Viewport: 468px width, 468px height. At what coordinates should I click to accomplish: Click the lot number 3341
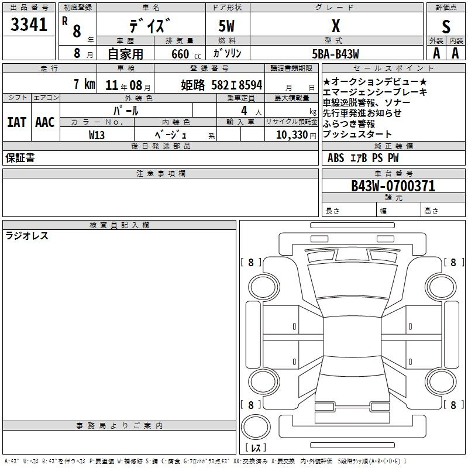tap(29, 25)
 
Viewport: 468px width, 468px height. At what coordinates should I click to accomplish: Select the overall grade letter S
tap(446, 26)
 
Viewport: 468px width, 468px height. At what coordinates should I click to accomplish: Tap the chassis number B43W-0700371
tap(393, 186)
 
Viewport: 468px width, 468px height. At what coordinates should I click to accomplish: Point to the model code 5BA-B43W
tap(335, 54)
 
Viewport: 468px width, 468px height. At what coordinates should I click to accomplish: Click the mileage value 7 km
tap(84, 84)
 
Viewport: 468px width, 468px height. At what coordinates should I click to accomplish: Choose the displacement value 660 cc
tap(186, 54)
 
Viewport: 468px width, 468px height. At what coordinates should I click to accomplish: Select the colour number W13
tap(97, 135)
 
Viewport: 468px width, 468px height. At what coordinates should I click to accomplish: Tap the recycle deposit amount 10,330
tap(292, 135)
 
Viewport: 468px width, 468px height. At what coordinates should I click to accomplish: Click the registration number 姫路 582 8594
tap(222, 85)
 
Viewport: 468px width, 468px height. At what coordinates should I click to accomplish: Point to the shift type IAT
tap(17, 122)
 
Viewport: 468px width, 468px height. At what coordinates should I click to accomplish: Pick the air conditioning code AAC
tap(45, 122)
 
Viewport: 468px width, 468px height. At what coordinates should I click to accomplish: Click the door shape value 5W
tap(226, 26)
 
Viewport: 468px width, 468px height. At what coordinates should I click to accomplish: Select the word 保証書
tap(20, 157)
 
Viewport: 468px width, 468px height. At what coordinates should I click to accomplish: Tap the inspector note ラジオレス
tap(27, 236)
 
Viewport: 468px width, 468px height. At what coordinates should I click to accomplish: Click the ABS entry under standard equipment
tap(336, 157)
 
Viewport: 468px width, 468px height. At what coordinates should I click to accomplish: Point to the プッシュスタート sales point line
tap(357, 134)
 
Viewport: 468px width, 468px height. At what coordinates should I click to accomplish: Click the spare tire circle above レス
tap(256, 426)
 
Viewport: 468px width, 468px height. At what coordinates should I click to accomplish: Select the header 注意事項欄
tap(161, 173)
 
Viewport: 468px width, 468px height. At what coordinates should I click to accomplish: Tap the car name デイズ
tap(150, 26)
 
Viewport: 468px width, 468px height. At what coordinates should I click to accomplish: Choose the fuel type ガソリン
tap(227, 53)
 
